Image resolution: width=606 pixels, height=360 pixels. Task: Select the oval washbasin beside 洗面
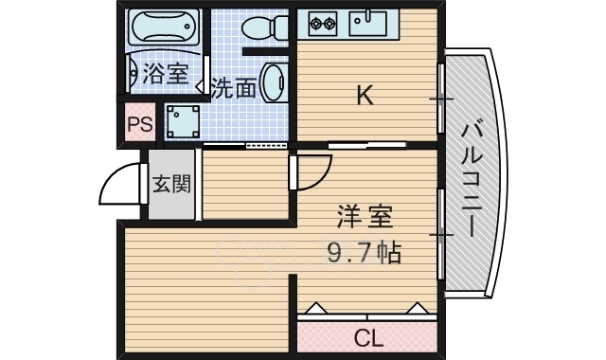[x=273, y=81]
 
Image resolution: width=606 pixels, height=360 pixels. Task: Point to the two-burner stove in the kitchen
[x=319, y=21]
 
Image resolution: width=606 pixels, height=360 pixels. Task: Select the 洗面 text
[x=233, y=89]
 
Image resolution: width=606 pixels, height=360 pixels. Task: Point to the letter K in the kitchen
[x=364, y=95]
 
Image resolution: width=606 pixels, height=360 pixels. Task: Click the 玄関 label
[x=171, y=183]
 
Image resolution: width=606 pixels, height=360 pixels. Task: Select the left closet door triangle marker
[x=315, y=307]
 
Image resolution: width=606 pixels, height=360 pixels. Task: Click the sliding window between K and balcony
[x=440, y=99]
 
